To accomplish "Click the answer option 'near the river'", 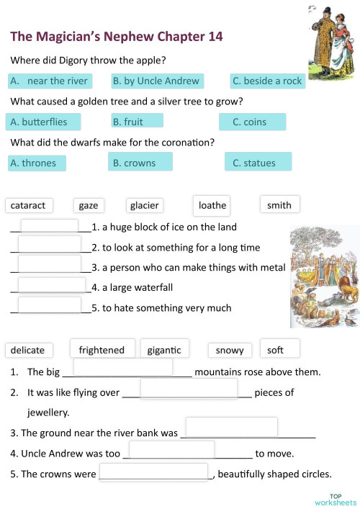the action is pos(49,81).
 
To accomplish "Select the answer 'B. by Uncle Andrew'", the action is pos(156,81).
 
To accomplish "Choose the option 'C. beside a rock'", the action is pos(267,81).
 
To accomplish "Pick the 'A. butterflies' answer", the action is pos(43,122).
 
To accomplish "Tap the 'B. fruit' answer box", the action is pos(137,122).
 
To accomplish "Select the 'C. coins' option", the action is pos(253,122).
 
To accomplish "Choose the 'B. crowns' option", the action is pos(140,163).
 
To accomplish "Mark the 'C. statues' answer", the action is pos(258,163).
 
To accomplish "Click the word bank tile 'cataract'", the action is pos(28,205).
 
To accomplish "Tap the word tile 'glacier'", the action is pos(144,205).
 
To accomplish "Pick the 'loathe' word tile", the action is pos(212,205).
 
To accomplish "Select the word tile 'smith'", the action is pos(279,205).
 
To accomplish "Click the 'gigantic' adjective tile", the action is pos(164,350).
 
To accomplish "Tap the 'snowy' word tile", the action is pos(230,350).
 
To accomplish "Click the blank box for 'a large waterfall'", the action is pos(51,286).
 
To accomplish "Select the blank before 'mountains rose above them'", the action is pos(123,366).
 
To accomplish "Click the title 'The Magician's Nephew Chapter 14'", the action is pos(117,36).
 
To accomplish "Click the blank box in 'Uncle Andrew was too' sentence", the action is pos(171,449).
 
